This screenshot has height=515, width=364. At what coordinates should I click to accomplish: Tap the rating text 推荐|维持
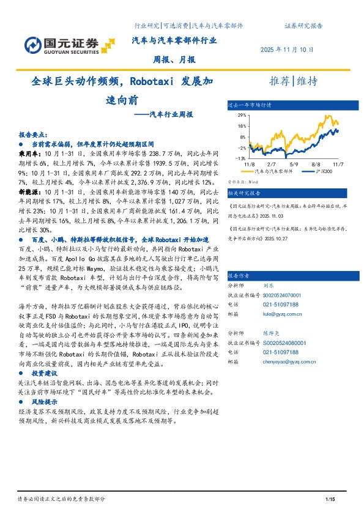click(x=294, y=81)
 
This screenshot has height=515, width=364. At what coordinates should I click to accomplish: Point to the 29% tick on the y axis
click(x=242, y=115)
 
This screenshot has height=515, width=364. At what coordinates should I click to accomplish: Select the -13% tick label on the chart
click(x=241, y=158)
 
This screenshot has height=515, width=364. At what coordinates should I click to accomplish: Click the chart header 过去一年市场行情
click(x=250, y=105)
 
